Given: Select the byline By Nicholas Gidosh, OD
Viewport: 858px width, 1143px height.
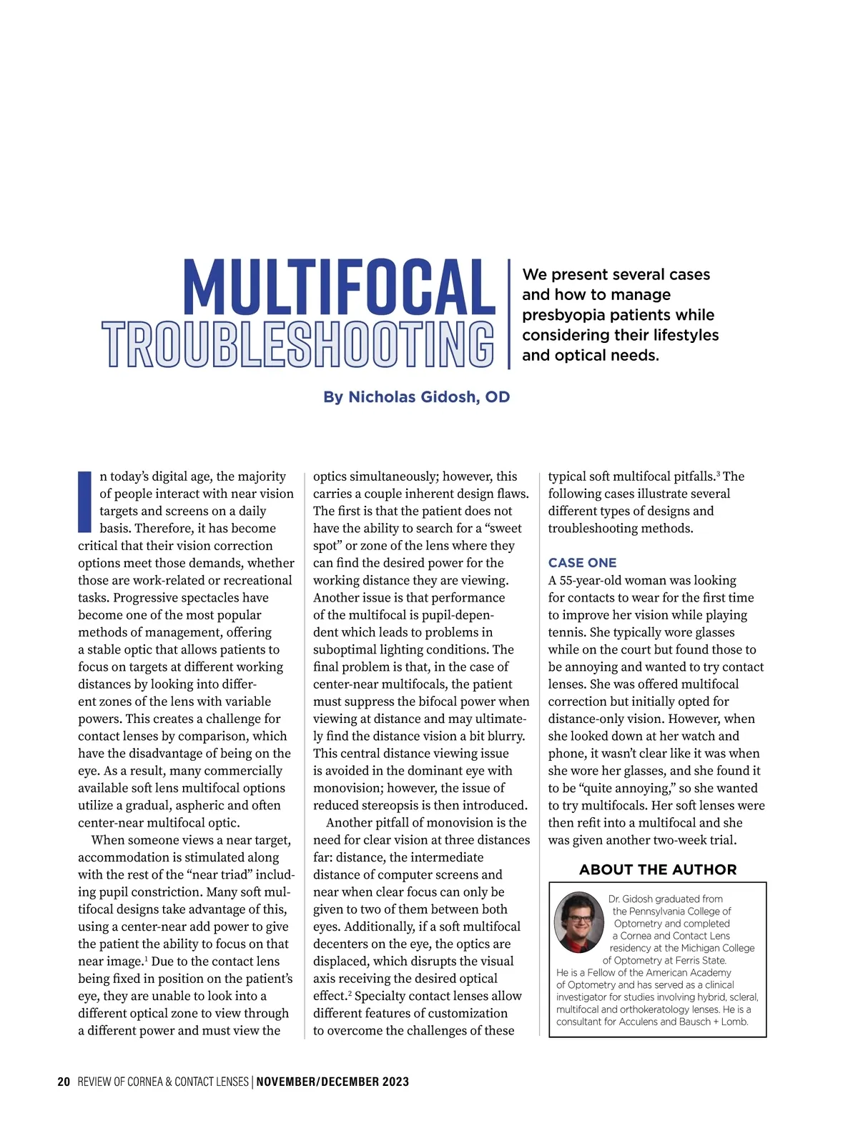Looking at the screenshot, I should pyautogui.click(x=416, y=397).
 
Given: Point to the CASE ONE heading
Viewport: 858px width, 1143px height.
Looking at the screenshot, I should pyautogui.click(x=582, y=563).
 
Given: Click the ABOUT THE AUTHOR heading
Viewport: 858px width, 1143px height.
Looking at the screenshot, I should pyautogui.click(x=658, y=869).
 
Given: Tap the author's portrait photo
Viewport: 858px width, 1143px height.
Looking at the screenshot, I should pyautogui.click(x=578, y=922).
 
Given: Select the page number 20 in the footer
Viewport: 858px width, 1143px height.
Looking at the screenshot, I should pyautogui.click(x=64, y=1082).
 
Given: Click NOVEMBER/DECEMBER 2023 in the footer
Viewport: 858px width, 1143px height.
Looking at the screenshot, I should pyautogui.click(x=332, y=1082).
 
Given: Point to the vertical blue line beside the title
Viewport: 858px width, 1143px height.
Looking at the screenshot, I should pyautogui.click(x=509, y=314).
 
